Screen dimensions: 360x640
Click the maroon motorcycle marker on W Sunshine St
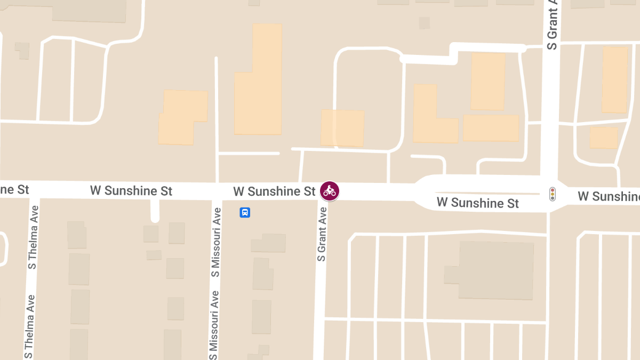coord(330,191)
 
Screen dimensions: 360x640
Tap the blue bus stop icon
coord(245,213)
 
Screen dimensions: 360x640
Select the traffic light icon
coord(553,194)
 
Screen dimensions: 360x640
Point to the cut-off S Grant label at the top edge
coord(553,25)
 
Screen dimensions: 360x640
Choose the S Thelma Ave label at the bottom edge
coord(29,326)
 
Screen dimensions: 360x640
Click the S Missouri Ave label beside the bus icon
coord(215,242)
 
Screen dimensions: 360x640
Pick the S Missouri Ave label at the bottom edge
coord(214,325)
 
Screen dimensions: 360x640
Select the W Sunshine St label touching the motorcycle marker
coord(274,191)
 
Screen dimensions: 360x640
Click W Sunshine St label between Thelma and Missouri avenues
coord(131,190)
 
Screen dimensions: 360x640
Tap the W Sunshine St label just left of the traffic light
coord(477,203)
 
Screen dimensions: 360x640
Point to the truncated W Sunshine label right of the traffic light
coord(609,196)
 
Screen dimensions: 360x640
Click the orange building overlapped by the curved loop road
coord(342,128)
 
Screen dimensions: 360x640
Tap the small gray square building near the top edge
coord(424,23)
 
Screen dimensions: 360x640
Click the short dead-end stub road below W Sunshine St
coord(155,211)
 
